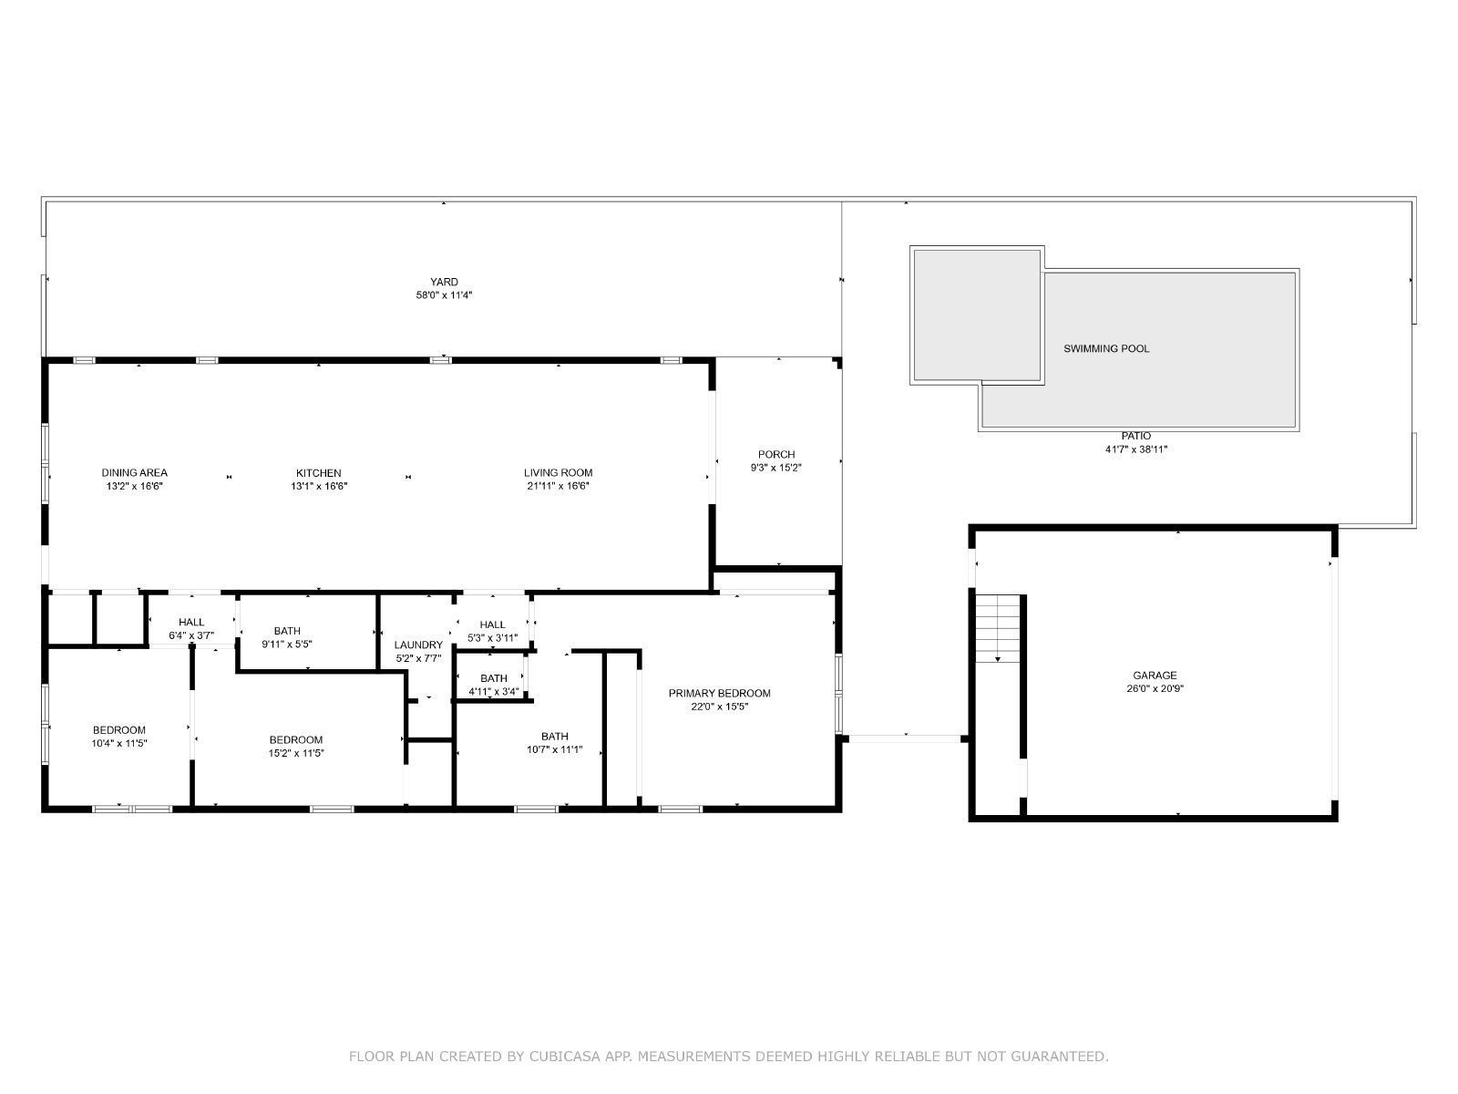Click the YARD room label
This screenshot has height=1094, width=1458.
[x=444, y=282]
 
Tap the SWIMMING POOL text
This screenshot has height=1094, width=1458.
[x=1106, y=349]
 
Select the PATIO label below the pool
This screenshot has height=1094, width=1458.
[x=1135, y=436]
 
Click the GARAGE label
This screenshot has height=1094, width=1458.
[x=1155, y=675]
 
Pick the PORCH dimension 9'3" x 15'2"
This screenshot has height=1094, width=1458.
[x=775, y=468]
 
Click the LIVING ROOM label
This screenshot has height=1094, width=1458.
[x=558, y=473]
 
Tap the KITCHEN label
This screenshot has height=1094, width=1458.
[x=319, y=473]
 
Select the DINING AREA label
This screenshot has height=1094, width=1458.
[x=134, y=473]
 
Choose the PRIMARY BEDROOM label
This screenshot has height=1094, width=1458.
[x=719, y=694]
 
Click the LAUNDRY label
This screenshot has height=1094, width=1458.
[x=418, y=645]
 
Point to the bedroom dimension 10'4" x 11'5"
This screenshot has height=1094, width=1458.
[x=118, y=743]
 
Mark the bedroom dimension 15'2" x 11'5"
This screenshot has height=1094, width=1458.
[x=296, y=753]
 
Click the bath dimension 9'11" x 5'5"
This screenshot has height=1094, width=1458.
[x=287, y=644]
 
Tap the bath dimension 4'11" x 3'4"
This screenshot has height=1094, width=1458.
[x=494, y=691]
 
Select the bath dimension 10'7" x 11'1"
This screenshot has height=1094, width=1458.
[x=555, y=750]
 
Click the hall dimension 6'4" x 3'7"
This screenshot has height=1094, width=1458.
[x=191, y=635]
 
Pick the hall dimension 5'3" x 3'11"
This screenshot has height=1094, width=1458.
[x=492, y=638]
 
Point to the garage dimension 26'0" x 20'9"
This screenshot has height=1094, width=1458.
[x=1155, y=689]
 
